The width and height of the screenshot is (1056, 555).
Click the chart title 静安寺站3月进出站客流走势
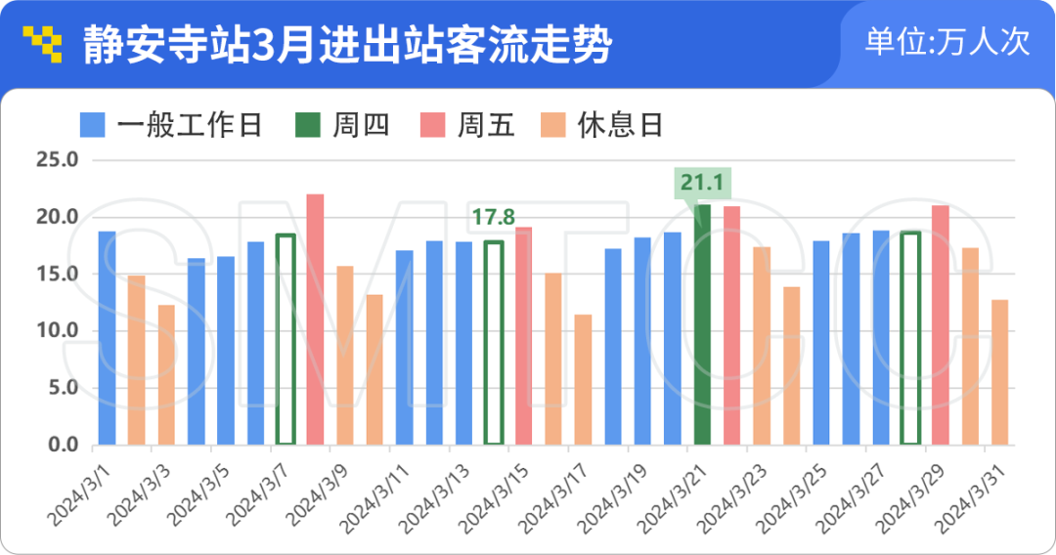(347, 45)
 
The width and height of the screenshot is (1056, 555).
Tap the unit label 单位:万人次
(947, 43)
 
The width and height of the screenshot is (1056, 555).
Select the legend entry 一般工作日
(171, 125)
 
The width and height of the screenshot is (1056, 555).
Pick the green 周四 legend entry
(343, 125)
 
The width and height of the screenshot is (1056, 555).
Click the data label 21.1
(701, 183)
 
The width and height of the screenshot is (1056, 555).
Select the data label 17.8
(493, 217)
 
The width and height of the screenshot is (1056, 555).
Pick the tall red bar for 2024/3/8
(315, 320)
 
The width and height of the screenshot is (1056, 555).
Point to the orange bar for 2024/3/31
(999, 372)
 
